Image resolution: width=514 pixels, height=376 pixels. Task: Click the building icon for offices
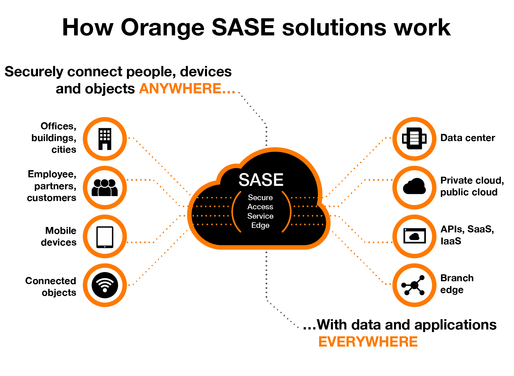pos(105,139)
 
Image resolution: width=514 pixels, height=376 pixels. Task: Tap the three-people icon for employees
pos(105,188)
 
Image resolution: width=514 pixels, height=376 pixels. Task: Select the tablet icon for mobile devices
pos(105,237)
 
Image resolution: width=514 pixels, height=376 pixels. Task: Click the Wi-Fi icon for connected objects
pos(105,285)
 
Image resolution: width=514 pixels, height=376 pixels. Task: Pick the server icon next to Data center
pos(414,138)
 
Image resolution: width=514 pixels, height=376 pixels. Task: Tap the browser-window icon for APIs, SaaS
pos(414,236)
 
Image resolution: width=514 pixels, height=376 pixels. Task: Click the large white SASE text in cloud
pos(261,180)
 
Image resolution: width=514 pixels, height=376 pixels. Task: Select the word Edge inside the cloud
pos(260,225)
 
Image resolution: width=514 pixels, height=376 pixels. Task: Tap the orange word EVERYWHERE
pos(368,342)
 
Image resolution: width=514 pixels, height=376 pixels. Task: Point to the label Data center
pos(467,138)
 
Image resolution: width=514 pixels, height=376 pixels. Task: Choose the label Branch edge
pos(457,284)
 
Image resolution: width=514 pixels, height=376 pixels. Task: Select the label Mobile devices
pos(59,236)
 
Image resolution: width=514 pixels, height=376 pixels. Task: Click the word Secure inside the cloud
pos(260,198)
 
